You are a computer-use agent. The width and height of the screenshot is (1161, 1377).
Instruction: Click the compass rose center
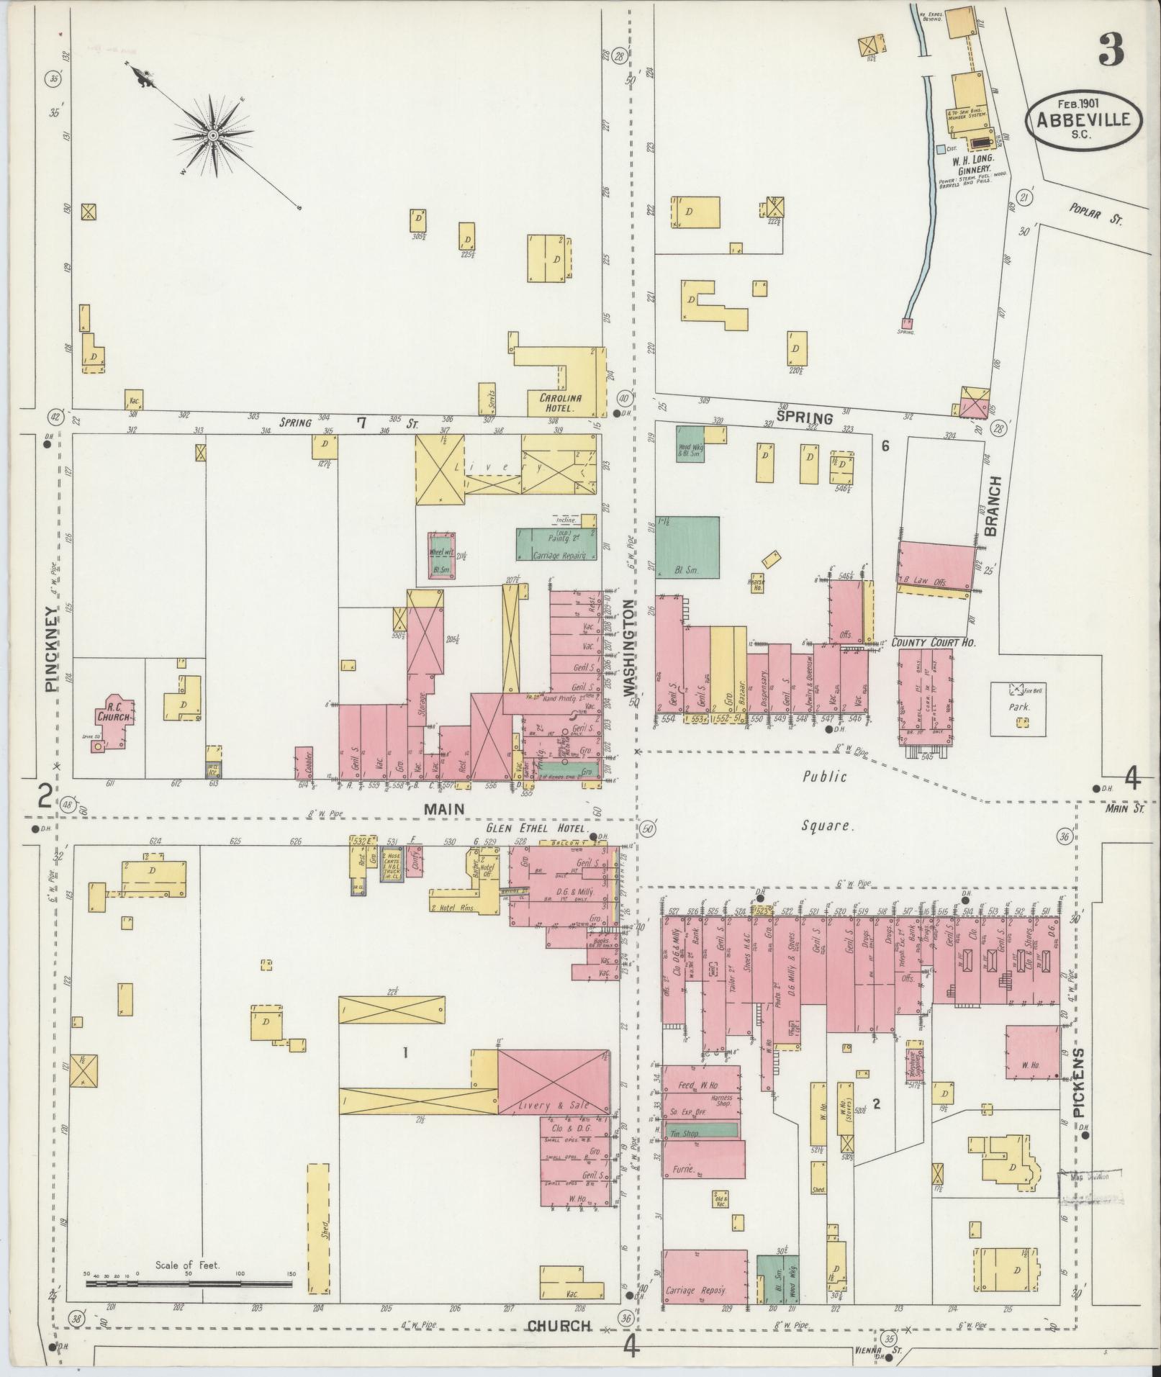213,135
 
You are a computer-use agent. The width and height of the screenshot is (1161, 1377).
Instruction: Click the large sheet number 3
1111,50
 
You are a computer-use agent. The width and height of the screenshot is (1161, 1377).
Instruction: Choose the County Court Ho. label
934,641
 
